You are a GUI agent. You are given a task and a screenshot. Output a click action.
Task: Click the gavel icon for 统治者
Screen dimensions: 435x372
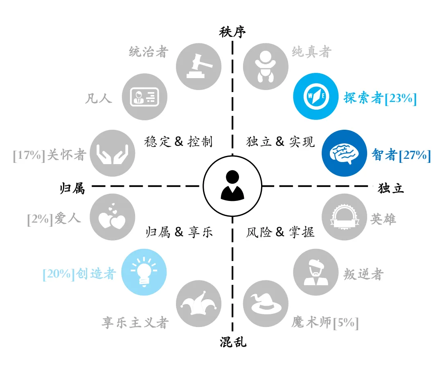coord(198,67)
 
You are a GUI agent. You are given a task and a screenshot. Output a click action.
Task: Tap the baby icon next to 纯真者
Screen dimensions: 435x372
coord(266,67)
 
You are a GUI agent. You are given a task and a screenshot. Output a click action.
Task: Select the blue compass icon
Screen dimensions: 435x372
coord(316,97)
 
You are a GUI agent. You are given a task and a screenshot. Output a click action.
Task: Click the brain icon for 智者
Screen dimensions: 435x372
coord(344,153)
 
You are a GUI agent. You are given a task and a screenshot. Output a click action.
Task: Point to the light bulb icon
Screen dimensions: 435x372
coord(144,272)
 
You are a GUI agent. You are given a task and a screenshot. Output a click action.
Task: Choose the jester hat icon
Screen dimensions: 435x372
coord(198,304)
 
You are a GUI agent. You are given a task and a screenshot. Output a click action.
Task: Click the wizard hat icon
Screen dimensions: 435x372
coord(266,304)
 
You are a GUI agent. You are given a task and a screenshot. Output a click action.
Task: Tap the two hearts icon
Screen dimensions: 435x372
coord(113,217)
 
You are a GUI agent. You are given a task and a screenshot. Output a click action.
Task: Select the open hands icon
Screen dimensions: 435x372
coord(113,153)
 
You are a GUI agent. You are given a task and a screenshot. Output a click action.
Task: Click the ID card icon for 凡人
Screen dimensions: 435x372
coord(144,97)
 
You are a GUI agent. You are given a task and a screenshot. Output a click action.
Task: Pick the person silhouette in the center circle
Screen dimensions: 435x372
coord(232,185)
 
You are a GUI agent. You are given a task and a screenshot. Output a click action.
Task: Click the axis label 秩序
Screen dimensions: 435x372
coord(232,32)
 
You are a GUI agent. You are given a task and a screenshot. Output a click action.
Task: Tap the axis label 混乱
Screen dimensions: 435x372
coord(233,342)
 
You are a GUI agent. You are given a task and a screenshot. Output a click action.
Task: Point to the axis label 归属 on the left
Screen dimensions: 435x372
coord(72,188)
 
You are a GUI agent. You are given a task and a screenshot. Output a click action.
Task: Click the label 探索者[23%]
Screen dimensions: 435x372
coord(380,98)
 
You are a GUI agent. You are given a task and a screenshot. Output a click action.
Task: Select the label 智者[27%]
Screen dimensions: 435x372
coord(401,155)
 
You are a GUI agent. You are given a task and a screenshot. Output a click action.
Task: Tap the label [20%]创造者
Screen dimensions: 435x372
coord(79,274)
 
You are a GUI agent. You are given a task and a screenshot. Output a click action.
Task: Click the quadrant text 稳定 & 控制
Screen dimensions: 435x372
coord(178,142)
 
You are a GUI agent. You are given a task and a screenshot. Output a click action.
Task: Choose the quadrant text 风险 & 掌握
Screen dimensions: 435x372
coord(280,232)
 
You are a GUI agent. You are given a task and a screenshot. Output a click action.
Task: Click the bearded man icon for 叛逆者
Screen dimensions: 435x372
coord(316,272)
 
